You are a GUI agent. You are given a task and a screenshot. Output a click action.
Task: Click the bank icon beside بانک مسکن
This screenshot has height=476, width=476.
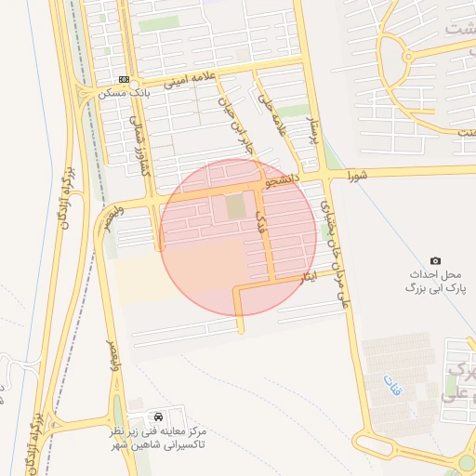click(124, 79)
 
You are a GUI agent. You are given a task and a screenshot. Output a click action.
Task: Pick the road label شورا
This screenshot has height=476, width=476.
click(359, 175)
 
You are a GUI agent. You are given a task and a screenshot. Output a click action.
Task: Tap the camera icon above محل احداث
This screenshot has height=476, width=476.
click(436, 261)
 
